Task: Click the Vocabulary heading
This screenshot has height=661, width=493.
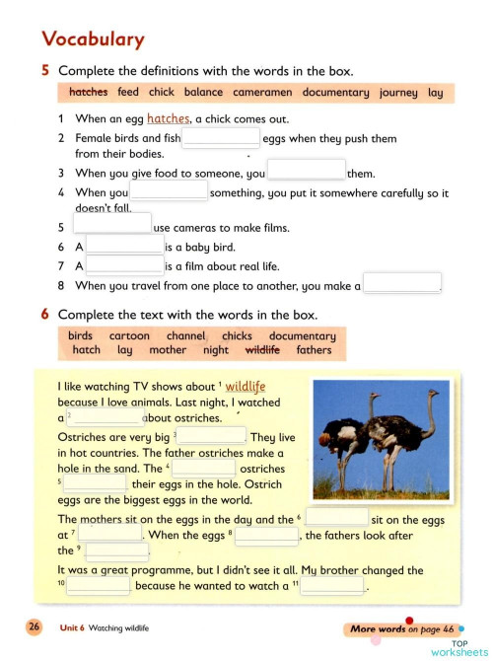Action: pyautogui.click(x=93, y=39)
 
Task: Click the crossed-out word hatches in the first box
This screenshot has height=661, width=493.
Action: pyautogui.click(x=89, y=93)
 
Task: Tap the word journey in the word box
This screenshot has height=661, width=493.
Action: pyautogui.click(x=398, y=93)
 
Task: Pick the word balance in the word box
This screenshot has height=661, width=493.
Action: pyautogui.click(x=203, y=93)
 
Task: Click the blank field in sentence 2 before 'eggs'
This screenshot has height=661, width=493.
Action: pyautogui.click(x=221, y=139)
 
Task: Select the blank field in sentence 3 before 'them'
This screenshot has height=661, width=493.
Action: pyautogui.click(x=306, y=170)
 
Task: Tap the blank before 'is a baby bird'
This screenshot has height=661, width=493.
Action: pyautogui.click(x=124, y=247)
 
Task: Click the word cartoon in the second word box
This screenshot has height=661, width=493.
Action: pyautogui.click(x=129, y=335)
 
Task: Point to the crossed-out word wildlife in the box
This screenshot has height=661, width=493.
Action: pyautogui.click(x=261, y=350)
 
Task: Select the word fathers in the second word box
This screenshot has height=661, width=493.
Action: pyautogui.click(x=314, y=350)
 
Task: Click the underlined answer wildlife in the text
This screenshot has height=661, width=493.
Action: pyautogui.click(x=246, y=387)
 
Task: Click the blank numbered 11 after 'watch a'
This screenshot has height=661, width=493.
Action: pyautogui.click(x=332, y=586)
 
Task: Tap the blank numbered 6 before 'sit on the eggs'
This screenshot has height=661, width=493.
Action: pyautogui.click(x=336, y=518)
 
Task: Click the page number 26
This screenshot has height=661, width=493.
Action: pyautogui.click(x=35, y=627)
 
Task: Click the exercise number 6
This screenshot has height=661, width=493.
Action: pyautogui.click(x=45, y=315)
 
